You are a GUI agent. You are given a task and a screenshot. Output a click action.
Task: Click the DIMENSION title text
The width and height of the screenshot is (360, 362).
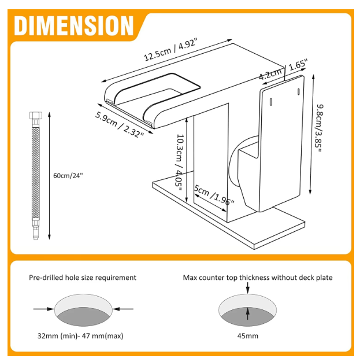74,26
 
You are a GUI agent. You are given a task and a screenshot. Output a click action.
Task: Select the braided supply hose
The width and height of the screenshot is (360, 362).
35,173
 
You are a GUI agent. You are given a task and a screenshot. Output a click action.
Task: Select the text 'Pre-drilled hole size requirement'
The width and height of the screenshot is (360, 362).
83,278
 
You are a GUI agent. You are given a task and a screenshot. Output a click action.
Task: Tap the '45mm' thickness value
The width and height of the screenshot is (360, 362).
247,335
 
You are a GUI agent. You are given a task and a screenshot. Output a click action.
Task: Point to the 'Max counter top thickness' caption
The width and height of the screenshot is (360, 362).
258,278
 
